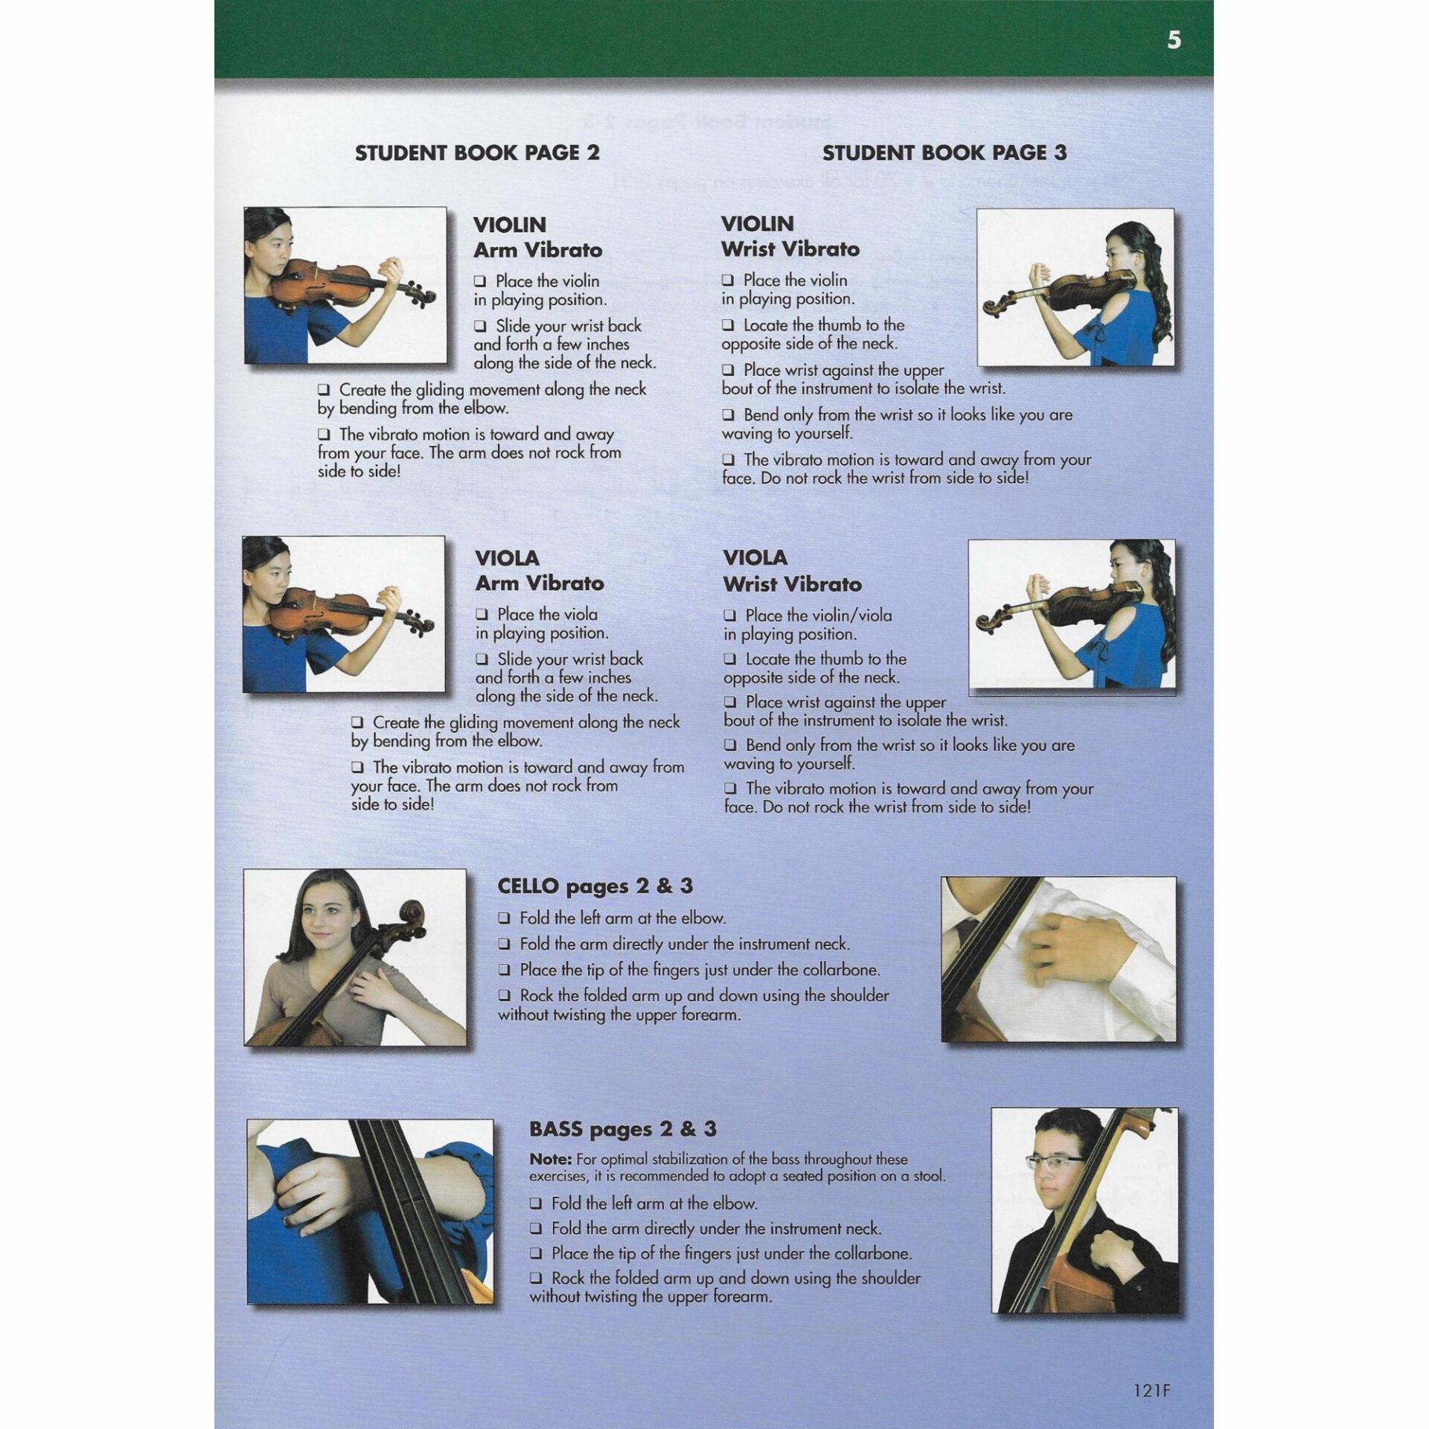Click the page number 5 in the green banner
click(1174, 39)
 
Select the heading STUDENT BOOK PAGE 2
click(477, 153)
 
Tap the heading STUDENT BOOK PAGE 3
click(944, 153)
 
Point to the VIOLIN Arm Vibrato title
click(537, 237)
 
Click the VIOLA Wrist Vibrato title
click(791, 571)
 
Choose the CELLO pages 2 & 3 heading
click(595, 886)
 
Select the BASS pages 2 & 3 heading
click(622, 1129)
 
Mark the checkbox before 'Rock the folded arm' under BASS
click(537, 1279)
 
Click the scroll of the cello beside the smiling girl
click(411, 914)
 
